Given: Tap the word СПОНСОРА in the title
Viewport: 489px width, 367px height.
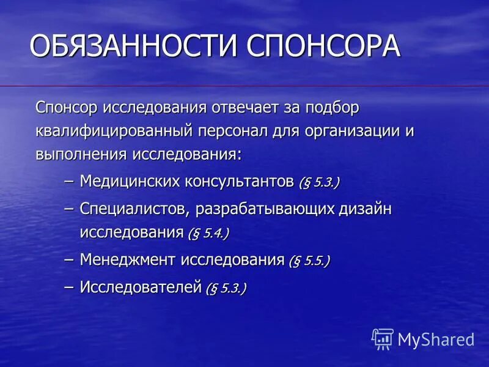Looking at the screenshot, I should pos(324,46).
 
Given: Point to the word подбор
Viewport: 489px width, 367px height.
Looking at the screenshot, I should pos(329,108).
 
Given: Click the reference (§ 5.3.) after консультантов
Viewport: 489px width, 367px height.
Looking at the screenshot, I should pos(319,182).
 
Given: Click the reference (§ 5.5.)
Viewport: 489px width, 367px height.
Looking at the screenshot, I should pos(309,261).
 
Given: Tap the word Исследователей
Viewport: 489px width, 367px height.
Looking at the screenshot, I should pos(141,286).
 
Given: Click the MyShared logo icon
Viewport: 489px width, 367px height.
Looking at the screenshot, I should pos(383,339).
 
